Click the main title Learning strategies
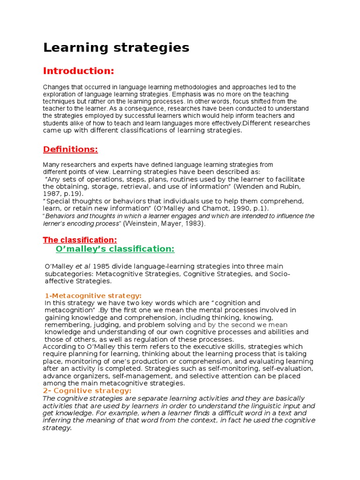116,47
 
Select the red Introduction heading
79,71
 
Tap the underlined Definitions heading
70,149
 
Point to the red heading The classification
80,240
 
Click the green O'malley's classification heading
115,248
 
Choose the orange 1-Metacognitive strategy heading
93,296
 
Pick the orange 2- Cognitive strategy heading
87,391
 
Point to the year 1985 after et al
101,267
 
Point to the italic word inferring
60,420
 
